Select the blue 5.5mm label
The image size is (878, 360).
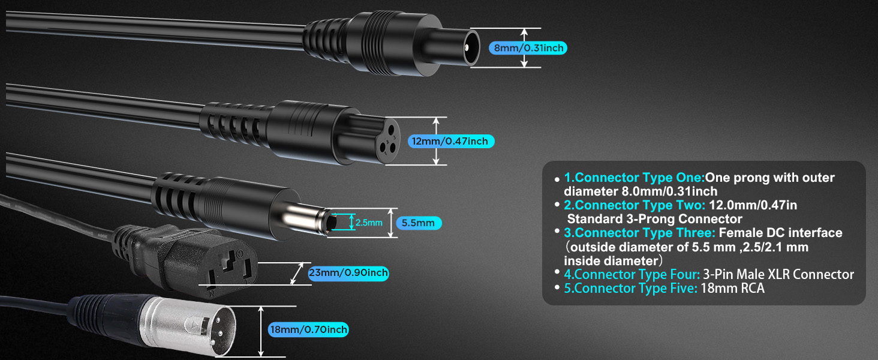(x=418, y=223)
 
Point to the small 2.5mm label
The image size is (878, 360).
(x=368, y=223)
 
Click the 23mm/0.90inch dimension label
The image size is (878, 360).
(x=348, y=274)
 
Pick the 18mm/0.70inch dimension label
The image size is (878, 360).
(x=308, y=329)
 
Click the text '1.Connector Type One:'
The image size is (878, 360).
(x=634, y=178)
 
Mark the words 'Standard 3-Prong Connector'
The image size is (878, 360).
(x=655, y=219)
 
